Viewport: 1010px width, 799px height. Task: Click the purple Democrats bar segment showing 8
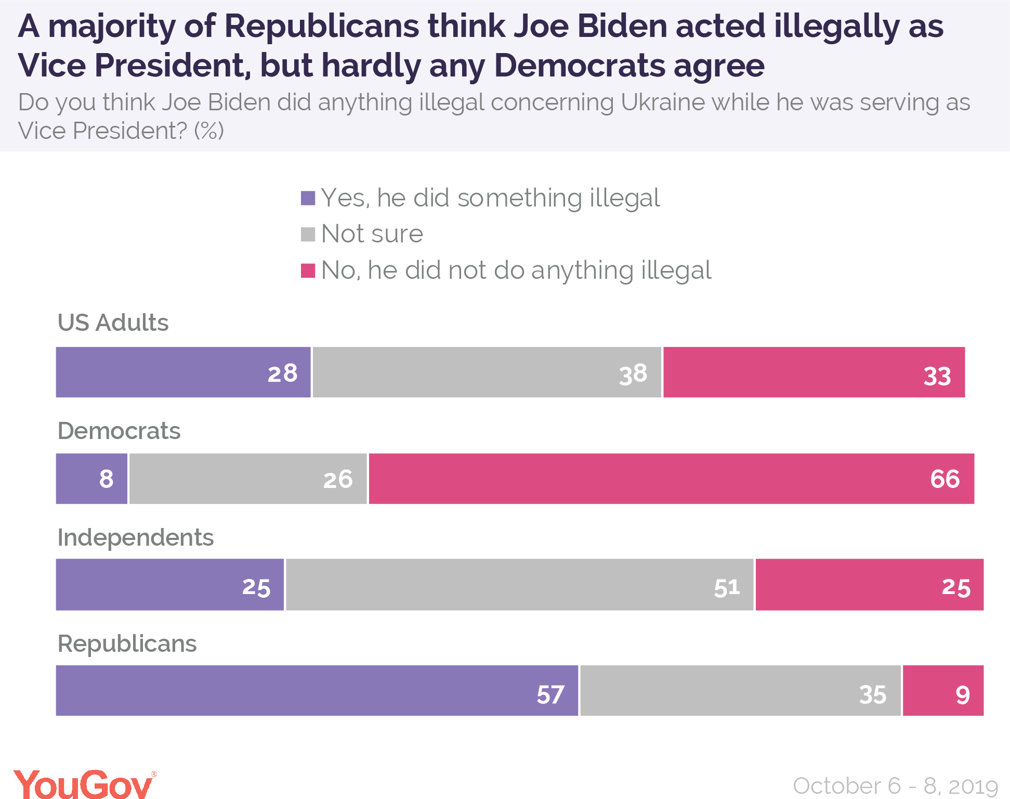(x=91, y=479)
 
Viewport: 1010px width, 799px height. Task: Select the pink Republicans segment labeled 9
(x=943, y=690)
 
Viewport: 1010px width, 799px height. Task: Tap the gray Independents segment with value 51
(x=519, y=584)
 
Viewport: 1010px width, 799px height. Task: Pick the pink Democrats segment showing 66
(x=671, y=479)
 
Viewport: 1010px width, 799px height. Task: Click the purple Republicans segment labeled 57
(x=317, y=690)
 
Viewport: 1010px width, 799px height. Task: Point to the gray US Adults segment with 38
(x=487, y=372)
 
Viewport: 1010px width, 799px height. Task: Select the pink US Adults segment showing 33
(x=814, y=372)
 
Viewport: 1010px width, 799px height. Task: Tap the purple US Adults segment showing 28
(x=183, y=372)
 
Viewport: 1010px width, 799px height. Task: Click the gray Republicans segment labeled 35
(x=740, y=690)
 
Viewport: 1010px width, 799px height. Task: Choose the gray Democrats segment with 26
(x=248, y=479)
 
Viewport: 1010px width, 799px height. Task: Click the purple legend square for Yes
(x=308, y=198)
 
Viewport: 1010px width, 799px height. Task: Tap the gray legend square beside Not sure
(x=308, y=234)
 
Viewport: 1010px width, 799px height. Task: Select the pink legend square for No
(x=308, y=270)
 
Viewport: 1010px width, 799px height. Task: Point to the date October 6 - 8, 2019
(x=895, y=785)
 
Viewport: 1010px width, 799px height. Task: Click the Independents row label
(x=135, y=537)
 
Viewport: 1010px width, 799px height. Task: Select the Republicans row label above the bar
(x=127, y=644)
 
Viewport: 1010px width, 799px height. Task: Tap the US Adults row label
(x=113, y=323)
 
